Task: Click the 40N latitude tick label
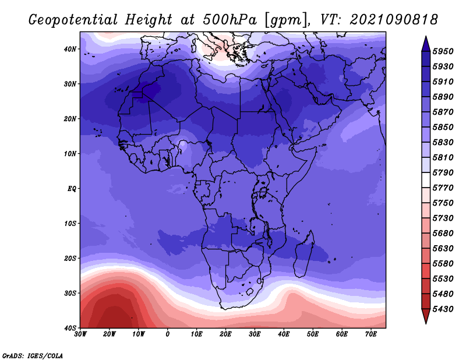(x=70, y=49)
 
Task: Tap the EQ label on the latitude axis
(x=72, y=189)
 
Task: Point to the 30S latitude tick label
(x=70, y=294)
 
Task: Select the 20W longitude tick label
(x=109, y=334)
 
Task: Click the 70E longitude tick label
(x=370, y=334)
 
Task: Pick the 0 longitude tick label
(x=168, y=334)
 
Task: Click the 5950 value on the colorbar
(x=443, y=51)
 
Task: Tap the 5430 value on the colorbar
(x=443, y=309)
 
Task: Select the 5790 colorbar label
(x=443, y=172)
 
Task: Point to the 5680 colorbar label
(x=443, y=234)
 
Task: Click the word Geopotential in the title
(x=73, y=20)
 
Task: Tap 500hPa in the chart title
(x=230, y=20)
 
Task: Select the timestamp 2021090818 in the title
(x=394, y=20)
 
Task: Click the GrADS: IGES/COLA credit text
(x=33, y=356)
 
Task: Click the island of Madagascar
(x=303, y=254)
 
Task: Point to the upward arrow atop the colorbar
(x=426, y=44)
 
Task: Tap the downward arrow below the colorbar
(x=426, y=316)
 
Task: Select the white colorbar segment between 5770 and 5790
(x=426, y=180)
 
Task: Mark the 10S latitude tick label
(x=70, y=224)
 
